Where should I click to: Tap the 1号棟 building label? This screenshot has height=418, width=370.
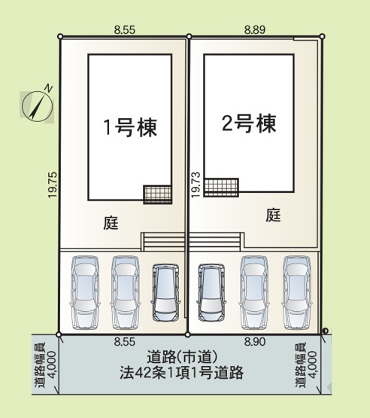coord(130,127)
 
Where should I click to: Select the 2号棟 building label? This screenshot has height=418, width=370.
coord(249,123)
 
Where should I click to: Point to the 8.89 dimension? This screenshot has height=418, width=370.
coord(256,29)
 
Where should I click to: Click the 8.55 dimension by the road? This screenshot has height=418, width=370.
coord(123,342)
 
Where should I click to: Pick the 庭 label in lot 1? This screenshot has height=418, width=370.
coord(111,222)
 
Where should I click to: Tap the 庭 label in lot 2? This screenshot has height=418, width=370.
coord(273,215)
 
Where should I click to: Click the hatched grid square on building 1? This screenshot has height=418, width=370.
coord(157,194)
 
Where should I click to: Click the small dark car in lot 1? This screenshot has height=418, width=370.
coord(165,291)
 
